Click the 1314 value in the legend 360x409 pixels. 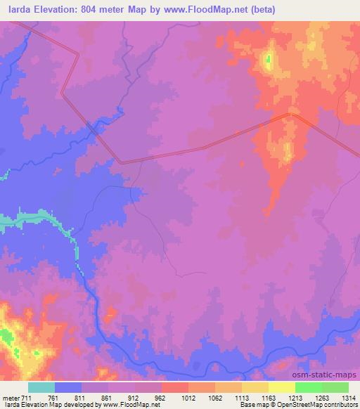coord(349,397)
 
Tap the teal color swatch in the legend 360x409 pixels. coord(41,387)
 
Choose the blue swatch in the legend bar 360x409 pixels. coord(68,387)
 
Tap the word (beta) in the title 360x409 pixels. coord(260,10)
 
